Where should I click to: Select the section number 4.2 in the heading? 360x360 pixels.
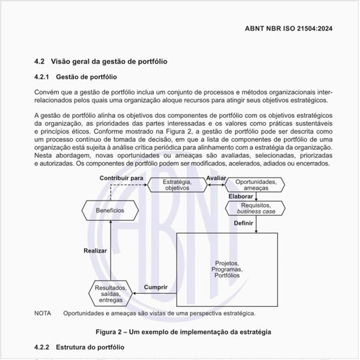(39, 62)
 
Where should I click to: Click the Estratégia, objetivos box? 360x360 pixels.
(176, 185)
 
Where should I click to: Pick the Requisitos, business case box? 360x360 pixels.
(256, 208)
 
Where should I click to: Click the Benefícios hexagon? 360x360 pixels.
(110, 211)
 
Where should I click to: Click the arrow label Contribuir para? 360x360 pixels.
(122, 178)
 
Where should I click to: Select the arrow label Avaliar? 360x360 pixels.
(215, 178)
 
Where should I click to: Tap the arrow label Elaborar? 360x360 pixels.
(241, 196)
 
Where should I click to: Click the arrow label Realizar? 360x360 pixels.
(96, 251)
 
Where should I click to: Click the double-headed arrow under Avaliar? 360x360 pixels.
(215, 186)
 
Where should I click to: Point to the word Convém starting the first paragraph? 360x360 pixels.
(46, 91)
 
